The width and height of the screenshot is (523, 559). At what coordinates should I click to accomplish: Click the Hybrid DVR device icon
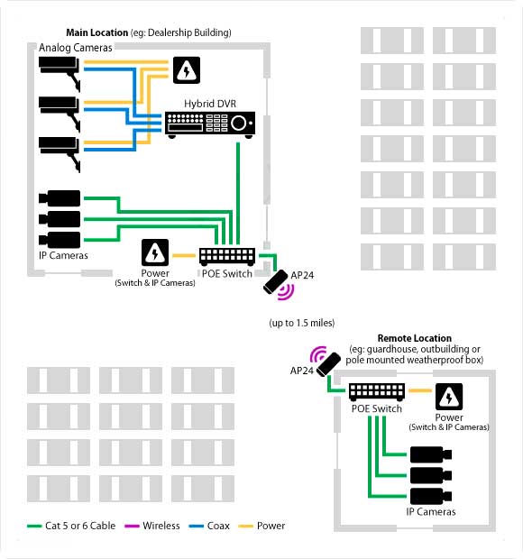click(210, 124)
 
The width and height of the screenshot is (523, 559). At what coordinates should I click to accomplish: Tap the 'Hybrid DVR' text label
click(210, 104)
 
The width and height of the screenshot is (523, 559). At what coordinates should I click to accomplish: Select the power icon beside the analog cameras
click(187, 70)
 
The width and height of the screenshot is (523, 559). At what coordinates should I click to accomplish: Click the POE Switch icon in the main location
click(227, 257)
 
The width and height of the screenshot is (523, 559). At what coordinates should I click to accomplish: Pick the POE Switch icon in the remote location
click(377, 392)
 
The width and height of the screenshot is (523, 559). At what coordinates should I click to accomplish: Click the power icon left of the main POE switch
click(155, 252)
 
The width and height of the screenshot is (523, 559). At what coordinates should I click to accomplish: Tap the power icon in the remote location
click(449, 397)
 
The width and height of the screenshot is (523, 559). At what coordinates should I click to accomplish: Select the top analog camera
click(60, 73)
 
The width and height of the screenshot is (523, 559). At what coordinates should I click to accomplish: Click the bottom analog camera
click(60, 154)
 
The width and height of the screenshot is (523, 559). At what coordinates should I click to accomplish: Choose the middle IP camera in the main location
click(60, 219)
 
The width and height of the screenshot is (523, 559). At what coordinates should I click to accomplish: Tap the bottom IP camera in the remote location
click(431, 496)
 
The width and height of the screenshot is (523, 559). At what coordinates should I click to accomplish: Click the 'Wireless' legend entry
click(152, 526)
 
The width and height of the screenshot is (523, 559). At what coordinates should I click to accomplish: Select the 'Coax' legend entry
click(209, 526)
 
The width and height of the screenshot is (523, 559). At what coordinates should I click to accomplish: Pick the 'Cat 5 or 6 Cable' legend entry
click(71, 526)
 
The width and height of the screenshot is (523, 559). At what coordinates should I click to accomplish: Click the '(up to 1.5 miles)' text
click(302, 323)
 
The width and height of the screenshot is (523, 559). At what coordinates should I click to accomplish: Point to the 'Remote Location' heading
click(415, 338)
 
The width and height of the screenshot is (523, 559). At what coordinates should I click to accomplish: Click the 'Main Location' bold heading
click(97, 32)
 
